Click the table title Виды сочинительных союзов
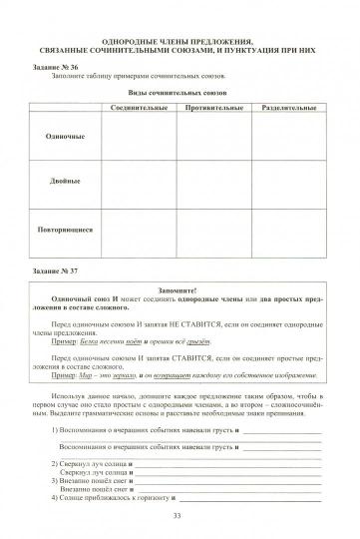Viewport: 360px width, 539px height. (x=179, y=90)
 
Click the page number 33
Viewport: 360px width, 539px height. (x=179, y=515)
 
